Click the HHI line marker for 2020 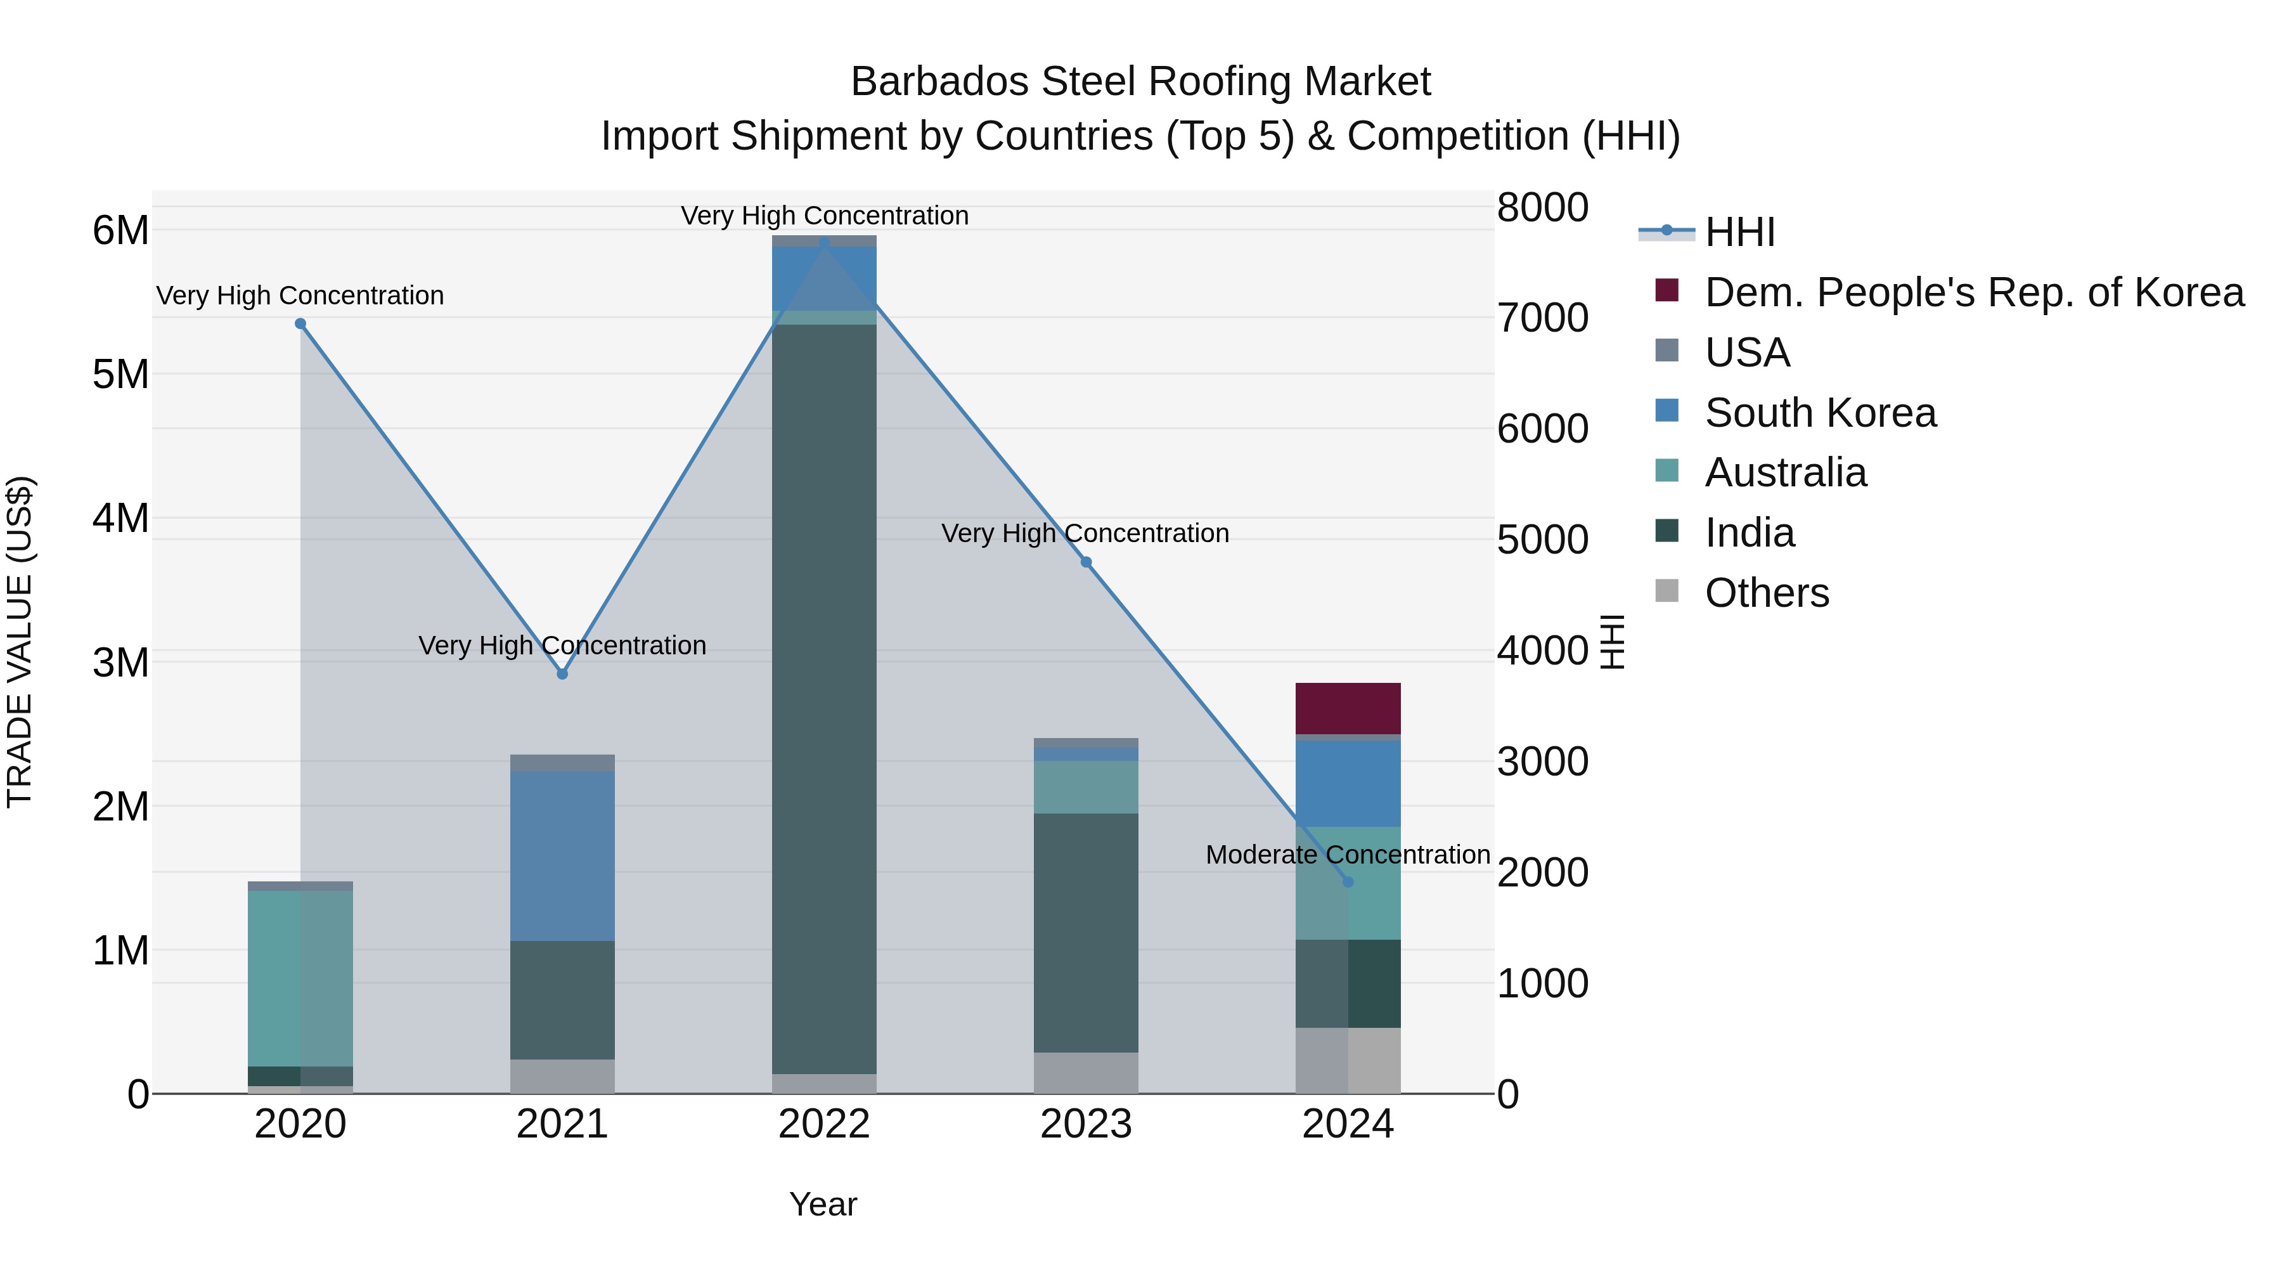point(300,323)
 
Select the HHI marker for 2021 point(562,673)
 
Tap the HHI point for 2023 point(1086,562)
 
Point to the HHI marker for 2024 point(1348,882)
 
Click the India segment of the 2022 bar point(824,700)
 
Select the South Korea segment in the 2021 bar point(562,855)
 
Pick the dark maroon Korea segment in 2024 point(1348,708)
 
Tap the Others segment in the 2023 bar point(1086,1072)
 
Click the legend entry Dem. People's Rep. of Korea point(1974,292)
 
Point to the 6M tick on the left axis point(120,230)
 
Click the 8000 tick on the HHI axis point(1542,207)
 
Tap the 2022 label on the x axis point(824,1124)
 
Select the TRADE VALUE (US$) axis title point(20,642)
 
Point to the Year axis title point(823,1204)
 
